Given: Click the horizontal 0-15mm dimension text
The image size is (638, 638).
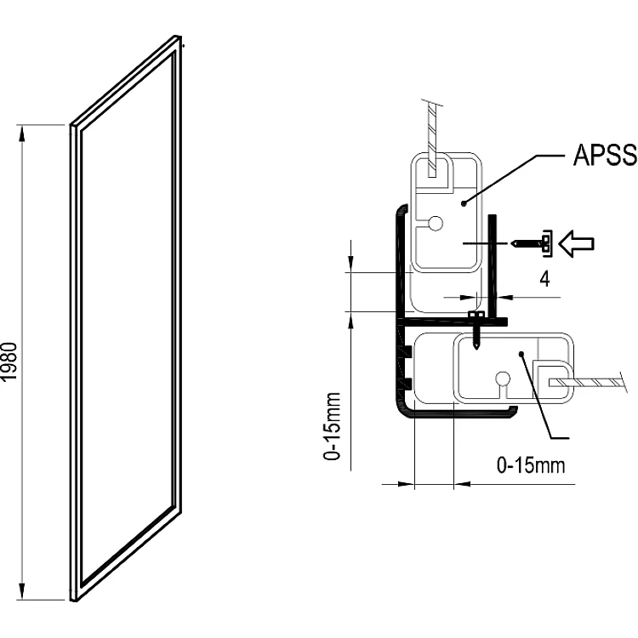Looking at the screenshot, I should (x=530, y=465).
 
